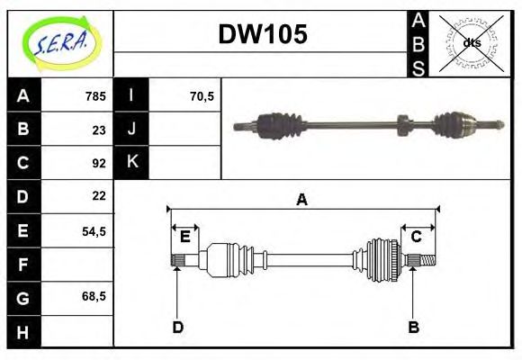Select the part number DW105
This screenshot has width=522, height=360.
(263, 35)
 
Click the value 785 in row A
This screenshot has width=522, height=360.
(94, 96)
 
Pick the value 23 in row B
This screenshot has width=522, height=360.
(99, 130)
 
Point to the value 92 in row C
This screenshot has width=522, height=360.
(99, 163)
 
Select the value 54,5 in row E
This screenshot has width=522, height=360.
(94, 230)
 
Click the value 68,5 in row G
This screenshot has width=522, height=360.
(94, 295)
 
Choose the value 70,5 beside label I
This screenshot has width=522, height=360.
(202, 96)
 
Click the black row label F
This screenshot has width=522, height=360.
(23, 265)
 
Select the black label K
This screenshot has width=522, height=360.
(132, 162)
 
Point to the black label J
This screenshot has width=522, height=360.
(132, 129)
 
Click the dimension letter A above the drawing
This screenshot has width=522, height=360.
(302, 200)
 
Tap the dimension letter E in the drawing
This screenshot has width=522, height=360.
(185, 237)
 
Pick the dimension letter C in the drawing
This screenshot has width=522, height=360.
(417, 237)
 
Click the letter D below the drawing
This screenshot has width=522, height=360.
(178, 327)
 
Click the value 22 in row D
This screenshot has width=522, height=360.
(99, 196)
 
